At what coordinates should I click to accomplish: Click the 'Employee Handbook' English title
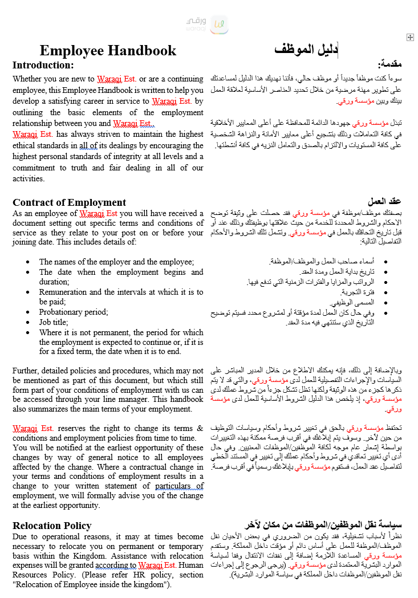[x=108, y=51]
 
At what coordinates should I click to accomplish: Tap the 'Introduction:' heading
[x=43, y=65]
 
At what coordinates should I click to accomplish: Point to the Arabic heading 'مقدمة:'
[x=391, y=65]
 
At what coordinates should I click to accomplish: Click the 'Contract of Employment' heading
[x=69, y=202]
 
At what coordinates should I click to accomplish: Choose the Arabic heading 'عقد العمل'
[x=385, y=202]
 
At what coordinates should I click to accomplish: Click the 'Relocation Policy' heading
[x=52, y=526]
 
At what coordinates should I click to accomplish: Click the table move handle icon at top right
[x=410, y=37]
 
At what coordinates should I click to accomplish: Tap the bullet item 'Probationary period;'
[x=74, y=312]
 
